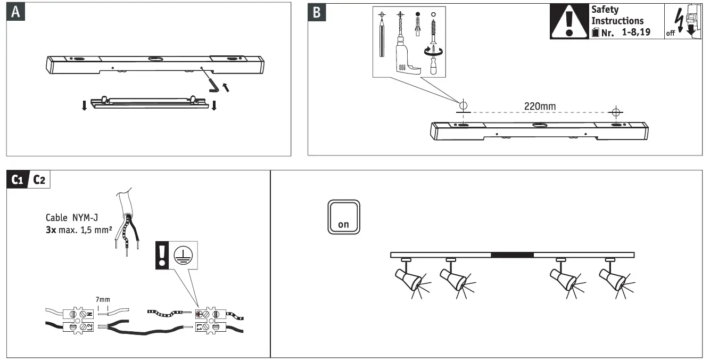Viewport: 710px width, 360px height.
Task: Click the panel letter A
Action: (15, 12)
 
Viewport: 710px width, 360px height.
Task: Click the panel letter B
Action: (317, 12)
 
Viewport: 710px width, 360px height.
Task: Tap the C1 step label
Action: (19, 181)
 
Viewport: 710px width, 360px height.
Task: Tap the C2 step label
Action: (39, 181)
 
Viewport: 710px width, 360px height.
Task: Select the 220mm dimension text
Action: (540, 107)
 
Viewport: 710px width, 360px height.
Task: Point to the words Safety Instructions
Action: (617, 15)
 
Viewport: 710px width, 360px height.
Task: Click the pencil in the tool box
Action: (382, 37)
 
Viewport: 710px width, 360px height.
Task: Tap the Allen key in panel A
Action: (214, 85)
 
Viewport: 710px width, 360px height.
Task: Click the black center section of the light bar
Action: (512, 255)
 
